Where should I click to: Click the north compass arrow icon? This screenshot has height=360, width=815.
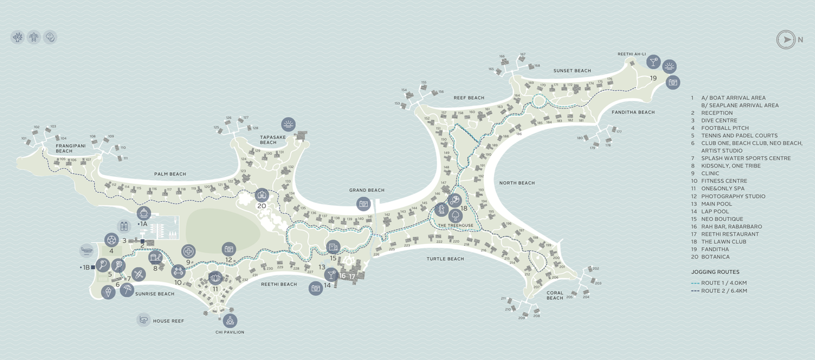click(x=786, y=40)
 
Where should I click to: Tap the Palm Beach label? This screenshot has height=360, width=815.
click(x=170, y=174)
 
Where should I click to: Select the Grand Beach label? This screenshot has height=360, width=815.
click(x=367, y=190)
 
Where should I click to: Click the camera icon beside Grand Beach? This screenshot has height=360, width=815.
click(x=364, y=203)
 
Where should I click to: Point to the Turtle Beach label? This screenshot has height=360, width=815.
click(x=445, y=258)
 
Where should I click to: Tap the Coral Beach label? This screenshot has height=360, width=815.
click(x=555, y=295)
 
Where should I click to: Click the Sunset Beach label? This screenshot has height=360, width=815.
click(x=572, y=71)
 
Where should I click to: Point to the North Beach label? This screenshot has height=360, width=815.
click(x=517, y=183)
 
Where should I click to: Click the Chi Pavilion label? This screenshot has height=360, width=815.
click(x=229, y=332)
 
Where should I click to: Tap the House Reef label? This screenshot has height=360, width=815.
click(x=168, y=320)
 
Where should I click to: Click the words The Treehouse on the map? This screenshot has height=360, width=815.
click(x=456, y=225)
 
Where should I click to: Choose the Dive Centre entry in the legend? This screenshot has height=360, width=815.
click(x=719, y=120)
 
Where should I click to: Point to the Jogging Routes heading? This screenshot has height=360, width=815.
click(x=715, y=272)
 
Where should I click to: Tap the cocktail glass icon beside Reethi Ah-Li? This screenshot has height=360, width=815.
click(x=653, y=61)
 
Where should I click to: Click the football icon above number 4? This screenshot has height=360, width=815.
click(x=112, y=240)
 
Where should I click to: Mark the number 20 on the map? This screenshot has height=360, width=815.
click(x=261, y=206)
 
